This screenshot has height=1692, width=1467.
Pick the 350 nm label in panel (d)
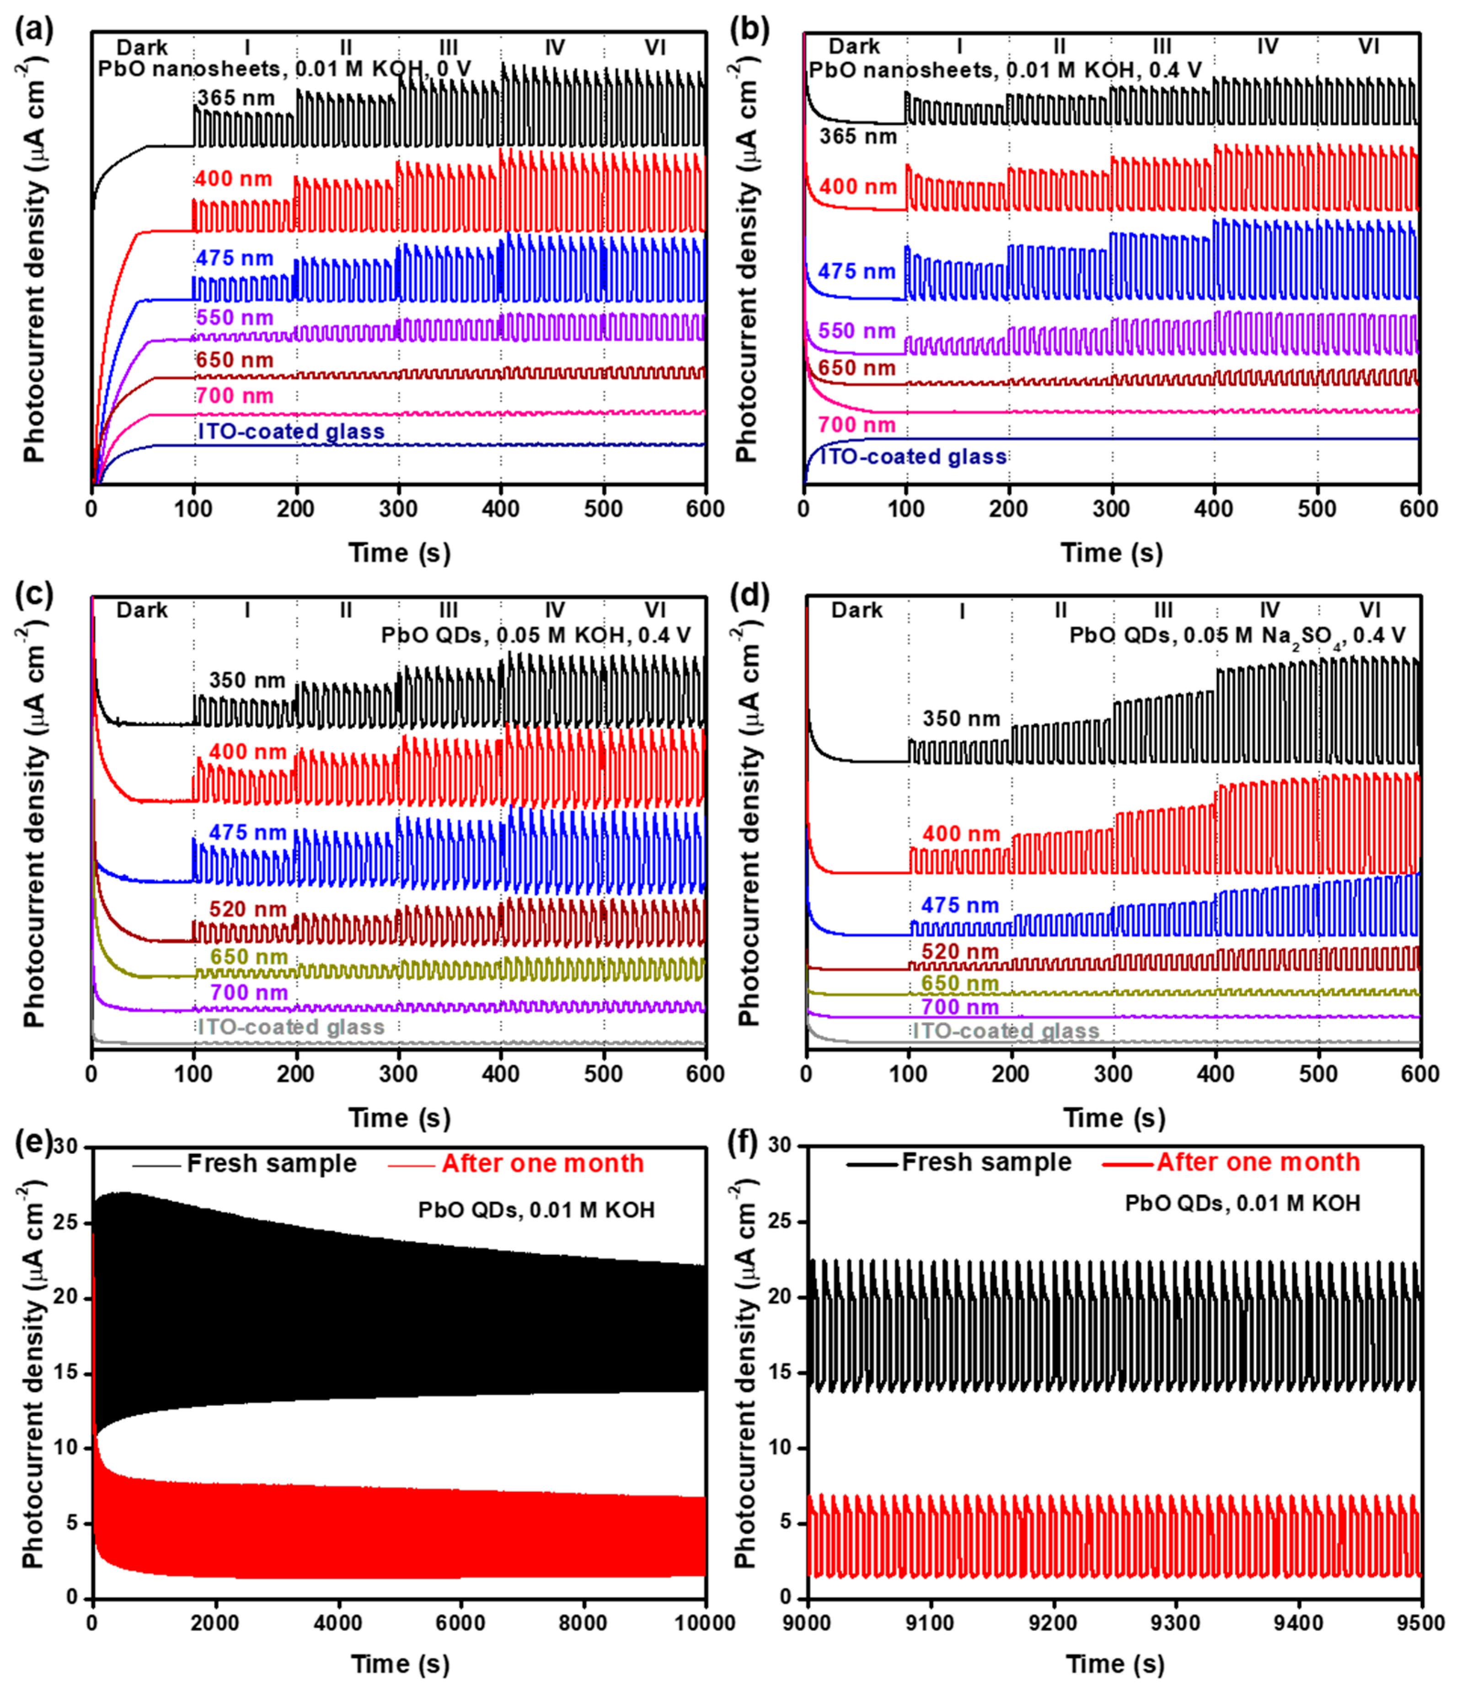pyautogui.click(x=961, y=719)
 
